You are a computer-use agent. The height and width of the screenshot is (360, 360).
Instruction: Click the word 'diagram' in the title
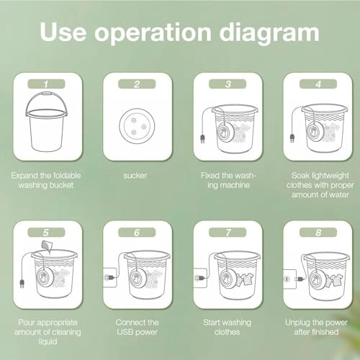click(x=269, y=33)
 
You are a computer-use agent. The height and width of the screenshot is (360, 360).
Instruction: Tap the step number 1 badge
click(x=46, y=84)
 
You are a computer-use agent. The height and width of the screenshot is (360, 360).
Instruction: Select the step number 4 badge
click(x=318, y=84)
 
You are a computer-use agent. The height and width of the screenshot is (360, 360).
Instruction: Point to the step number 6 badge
click(x=137, y=233)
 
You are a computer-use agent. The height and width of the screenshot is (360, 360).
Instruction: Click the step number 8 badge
click(x=318, y=233)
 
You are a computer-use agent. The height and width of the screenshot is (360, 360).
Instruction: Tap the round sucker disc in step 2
click(x=137, y=126)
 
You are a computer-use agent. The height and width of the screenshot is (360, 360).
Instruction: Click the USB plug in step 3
click(x=202, y=139)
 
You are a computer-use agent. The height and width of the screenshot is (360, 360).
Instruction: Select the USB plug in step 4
click(x=292, y=138)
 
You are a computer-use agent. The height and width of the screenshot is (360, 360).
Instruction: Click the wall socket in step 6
click(x=110, y=278)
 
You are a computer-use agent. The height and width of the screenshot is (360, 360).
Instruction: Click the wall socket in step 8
click(x=290, y=279)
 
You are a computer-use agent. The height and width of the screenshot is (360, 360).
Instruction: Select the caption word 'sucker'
click(x=135, y=176)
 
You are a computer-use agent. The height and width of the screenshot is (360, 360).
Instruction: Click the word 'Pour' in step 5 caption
click(x=25, y=323)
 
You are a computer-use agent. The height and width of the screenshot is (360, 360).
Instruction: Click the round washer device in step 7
click(x=226, y=279)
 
